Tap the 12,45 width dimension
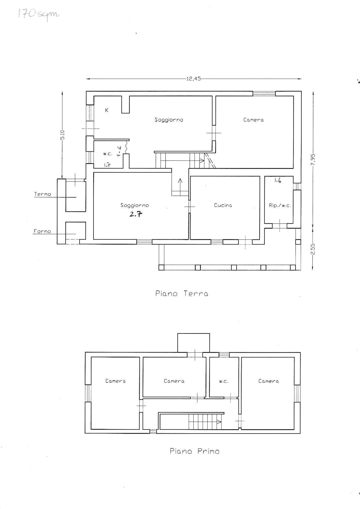(194, 79)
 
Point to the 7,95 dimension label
(313, 159)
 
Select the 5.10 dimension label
(62, 135)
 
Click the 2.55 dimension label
(313, 249)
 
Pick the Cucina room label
(223, 205)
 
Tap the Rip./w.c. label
(280, 205)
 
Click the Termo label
(43, 194)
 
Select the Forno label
(42, 231)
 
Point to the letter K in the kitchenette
(107, 110)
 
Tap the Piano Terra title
(182, 293)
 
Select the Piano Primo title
(195, 451)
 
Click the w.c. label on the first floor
(224, 381)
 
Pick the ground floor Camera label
(253, 120)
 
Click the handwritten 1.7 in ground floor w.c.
(107, 165)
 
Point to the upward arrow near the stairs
(180, 187)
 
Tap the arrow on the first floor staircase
(205, 421)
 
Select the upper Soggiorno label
(169, 120)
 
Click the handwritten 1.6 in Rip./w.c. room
(278, 180)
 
